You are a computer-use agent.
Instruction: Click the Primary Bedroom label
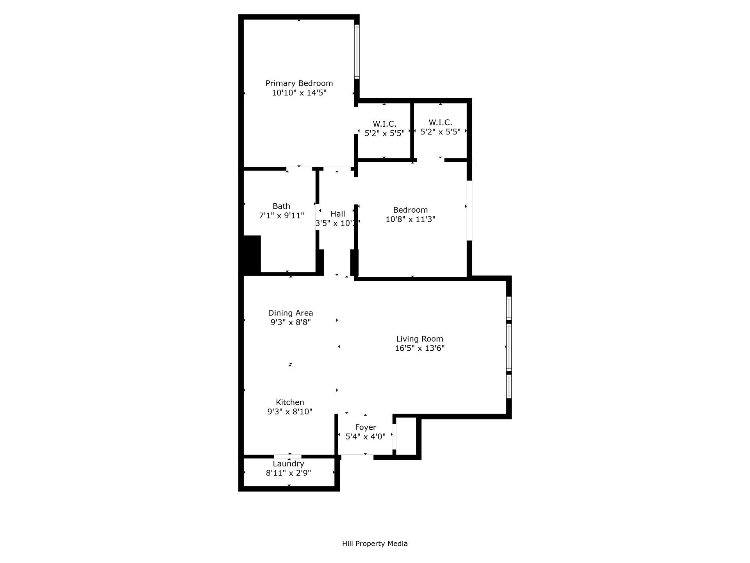[299, 83]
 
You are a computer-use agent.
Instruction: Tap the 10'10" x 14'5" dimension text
[299, 93]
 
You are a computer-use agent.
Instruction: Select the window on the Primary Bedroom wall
[357, 52]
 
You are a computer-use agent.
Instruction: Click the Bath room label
[281, 206]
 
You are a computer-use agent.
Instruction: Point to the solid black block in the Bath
[252, 254]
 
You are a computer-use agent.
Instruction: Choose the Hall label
[337, 214]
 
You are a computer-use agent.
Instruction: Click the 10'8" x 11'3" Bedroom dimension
[410, 219]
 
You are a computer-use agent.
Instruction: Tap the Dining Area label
[290, 313]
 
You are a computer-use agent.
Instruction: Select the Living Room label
[420, 339]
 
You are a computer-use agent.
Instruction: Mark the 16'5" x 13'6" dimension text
[420, 348]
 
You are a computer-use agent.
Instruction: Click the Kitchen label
[290, 402]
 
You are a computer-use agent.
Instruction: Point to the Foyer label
[365, 427]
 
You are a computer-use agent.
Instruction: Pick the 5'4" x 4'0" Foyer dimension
[365, 437]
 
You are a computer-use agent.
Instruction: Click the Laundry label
[288, 464]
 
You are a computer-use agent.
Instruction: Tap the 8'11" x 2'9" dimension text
[288, 473]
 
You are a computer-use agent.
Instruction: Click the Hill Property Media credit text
[375, 543]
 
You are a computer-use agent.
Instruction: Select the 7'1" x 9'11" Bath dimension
[281, 215]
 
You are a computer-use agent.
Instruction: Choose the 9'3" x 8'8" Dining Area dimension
[290, 323]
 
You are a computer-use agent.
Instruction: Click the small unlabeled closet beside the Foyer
[406, 436]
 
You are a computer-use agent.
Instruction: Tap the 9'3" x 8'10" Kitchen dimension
[290, 412]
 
